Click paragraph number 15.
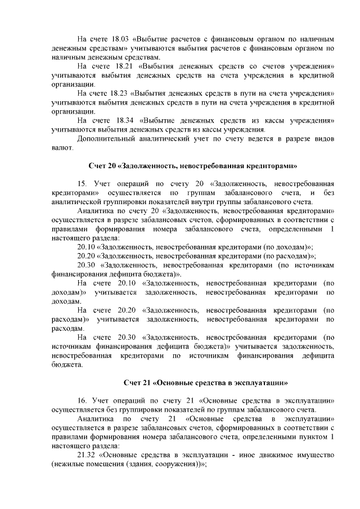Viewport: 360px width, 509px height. pos(82,184)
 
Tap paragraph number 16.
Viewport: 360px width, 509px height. pos(82,401)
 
